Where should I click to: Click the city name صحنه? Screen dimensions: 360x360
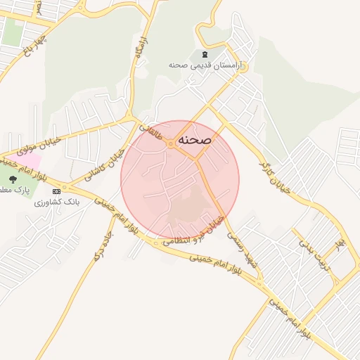195,140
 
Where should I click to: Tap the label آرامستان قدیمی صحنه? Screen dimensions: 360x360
205,65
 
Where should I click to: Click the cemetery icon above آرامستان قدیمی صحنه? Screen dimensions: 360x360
205,54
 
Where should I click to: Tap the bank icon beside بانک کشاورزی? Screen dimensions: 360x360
57,191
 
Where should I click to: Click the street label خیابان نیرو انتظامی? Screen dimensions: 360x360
194,231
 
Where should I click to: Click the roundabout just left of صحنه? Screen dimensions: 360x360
171,144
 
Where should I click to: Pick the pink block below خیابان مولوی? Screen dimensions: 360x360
18,159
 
